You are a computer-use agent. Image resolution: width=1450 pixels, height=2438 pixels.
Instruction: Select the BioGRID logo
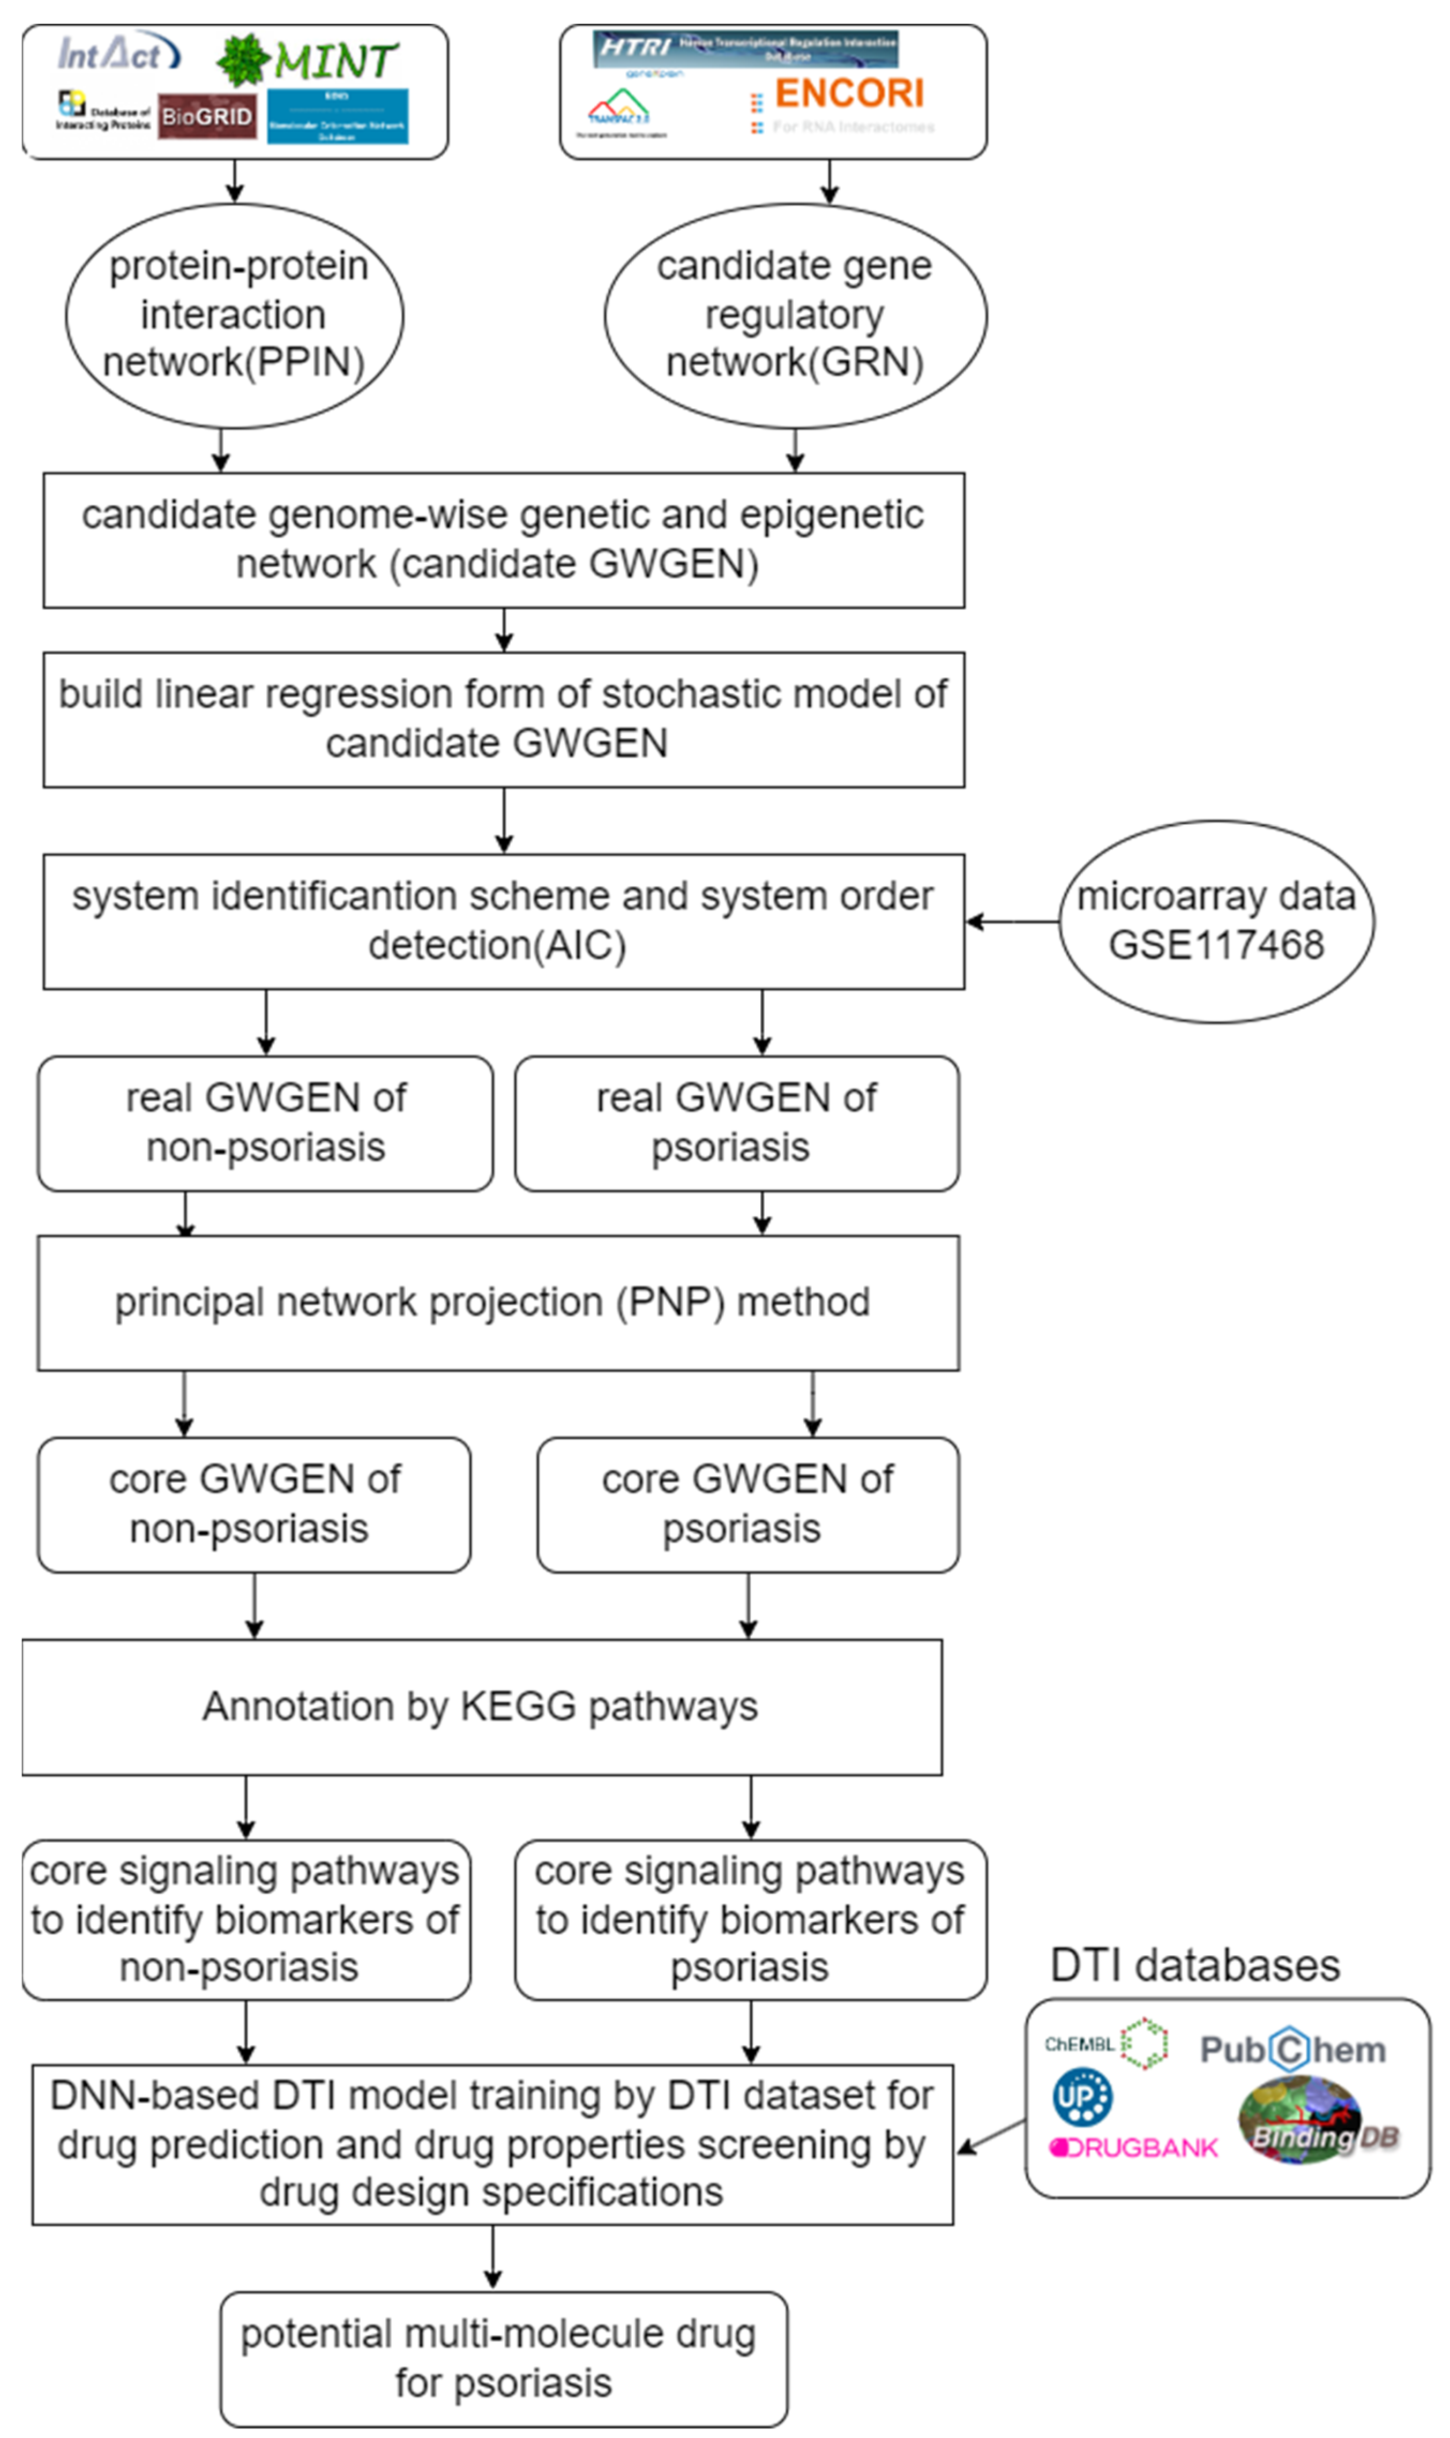click(206, 116)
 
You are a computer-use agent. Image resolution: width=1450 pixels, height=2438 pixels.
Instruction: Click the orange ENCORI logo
click(848, 94)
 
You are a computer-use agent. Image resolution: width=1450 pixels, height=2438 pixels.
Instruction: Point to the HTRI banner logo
click(744, 48)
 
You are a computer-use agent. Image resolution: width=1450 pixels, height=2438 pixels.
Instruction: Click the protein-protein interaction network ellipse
click(235, 315)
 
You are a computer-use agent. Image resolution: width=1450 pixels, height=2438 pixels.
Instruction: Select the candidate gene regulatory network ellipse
click(794, 315)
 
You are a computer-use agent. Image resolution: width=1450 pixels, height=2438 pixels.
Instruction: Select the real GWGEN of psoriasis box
click(736, 1123)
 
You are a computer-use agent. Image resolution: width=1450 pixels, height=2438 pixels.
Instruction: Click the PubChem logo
click(1292, 2049)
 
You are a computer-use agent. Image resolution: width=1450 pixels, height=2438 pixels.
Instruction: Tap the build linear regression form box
click(503, 719)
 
